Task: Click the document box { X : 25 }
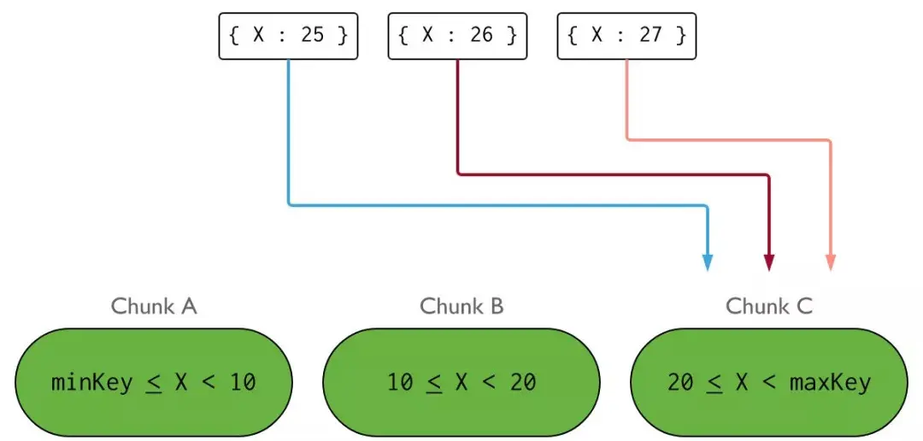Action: pos(289,36)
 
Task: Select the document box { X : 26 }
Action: pos(457,36)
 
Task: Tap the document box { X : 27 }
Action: pos(627,36)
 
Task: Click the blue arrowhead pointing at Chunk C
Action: pos(708,263)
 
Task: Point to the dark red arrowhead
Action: pos(769,263)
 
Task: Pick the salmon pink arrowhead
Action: pos(830,263)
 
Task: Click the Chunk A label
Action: pos(154,307)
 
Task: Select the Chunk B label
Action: pos(461,307)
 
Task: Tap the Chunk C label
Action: pos(769,307)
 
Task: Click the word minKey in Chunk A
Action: pos(91,383)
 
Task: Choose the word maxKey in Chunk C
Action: pos(831,383)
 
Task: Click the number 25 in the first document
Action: pos(312,36)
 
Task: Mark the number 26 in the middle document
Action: pos(481,36)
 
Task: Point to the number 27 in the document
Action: pos(650,36)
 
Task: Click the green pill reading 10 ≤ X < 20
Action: pos(461,383)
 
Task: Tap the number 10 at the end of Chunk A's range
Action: pos(243,383)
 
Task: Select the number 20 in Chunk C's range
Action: pos(680,383)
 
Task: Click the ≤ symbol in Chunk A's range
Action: pos(154,384)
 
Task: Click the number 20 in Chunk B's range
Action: pos(523,383)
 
